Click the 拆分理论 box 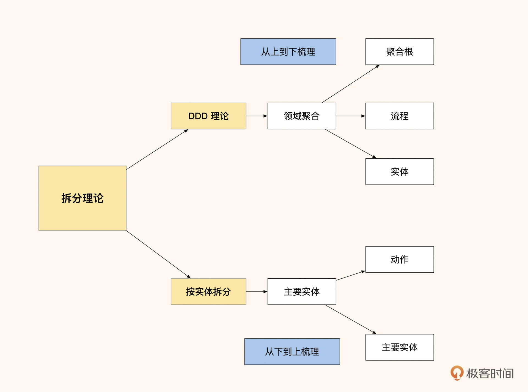coord(82,198)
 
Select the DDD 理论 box coord(208,116)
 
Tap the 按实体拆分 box coord(208,292)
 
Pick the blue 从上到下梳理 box coord(288,52)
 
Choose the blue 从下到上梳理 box coord(292,351)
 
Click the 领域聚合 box coord(302,116)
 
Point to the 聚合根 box coord(400,52)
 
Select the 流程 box coord(400,116)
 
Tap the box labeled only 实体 coord(400,172)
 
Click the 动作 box coord(400,259)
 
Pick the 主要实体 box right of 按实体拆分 coord(302,292)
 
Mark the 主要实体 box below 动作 coord(400,347)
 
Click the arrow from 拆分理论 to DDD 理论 coord(157,150)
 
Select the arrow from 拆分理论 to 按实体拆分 coord(158,254)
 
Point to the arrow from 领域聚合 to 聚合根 coord(351,84)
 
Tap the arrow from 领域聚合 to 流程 coord(351,116)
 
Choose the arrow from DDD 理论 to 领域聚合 coord(257,116)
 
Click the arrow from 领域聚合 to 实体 coord(351,144)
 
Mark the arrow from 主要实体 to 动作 coord(351,276)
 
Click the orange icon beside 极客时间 coord(457,373)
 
